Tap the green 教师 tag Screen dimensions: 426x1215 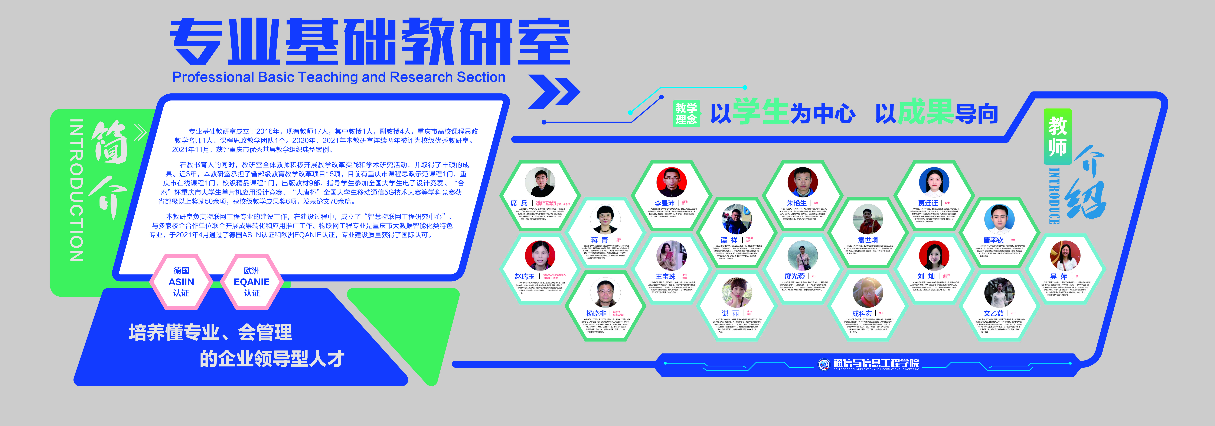[x=1057, y=137]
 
